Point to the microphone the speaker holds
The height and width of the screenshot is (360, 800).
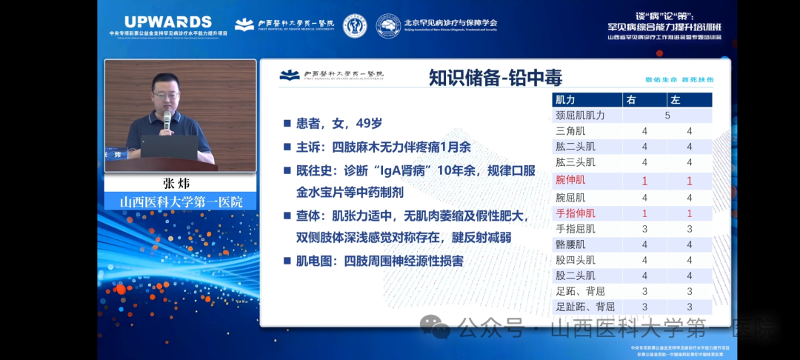167,119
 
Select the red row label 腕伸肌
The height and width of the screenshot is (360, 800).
570,180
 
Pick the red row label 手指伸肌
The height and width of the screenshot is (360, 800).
576,213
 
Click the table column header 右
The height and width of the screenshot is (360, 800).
631,100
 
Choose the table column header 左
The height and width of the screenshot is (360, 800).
675,100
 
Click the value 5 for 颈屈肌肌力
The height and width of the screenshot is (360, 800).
667,116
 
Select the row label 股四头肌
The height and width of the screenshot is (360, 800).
576,260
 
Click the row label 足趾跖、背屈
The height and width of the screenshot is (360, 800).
585,307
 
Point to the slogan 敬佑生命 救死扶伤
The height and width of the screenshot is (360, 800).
679,79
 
